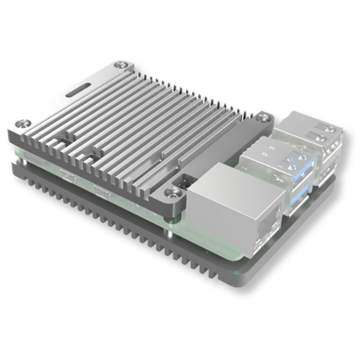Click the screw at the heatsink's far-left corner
[x=25, y=124]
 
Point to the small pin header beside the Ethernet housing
[x=186, y=181]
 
